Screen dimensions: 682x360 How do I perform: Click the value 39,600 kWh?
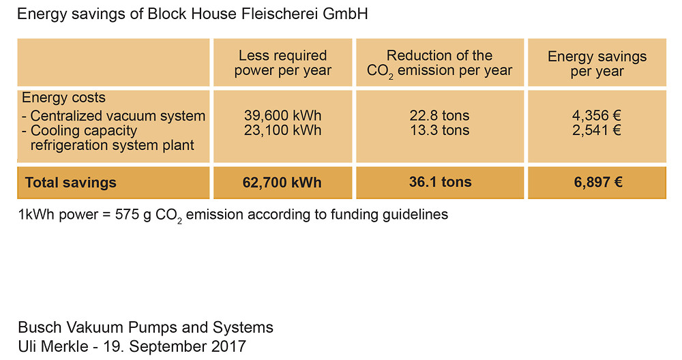(283, 115)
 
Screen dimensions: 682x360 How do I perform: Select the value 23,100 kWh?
(283, 130)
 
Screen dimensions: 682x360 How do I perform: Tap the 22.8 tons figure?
(439, 115)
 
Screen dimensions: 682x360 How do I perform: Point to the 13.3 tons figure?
(440, 130)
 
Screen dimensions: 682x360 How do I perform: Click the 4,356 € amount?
(597, 115)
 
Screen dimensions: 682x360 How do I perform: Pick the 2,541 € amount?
(597, 130)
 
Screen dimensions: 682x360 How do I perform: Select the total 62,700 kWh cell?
(282, 182)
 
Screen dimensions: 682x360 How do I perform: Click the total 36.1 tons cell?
(440, 182)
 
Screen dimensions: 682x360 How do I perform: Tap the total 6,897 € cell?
(597, 182)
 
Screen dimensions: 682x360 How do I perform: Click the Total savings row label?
(70, 183)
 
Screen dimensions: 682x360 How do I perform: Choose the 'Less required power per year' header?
(283, 63)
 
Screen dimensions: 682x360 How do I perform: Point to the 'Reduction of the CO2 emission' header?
(439, 63)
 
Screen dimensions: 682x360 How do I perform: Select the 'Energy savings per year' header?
(597, 63)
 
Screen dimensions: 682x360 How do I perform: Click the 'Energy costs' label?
(63, 97)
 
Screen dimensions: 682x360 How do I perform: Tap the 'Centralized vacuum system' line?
(113, 116)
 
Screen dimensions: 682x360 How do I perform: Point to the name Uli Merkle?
(53, 346)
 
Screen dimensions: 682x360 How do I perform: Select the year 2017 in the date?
(228, 346)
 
